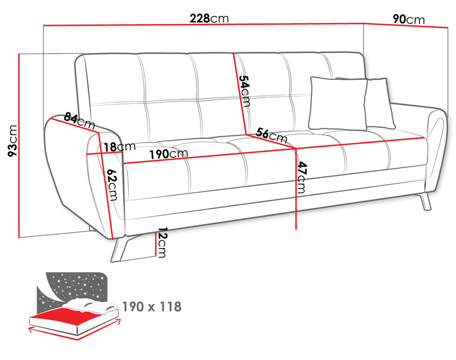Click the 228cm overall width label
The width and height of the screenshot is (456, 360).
[x=209, y=18]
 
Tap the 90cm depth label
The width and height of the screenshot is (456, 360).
[x=409, y=19]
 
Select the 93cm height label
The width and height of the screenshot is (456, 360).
[x=13, y=141]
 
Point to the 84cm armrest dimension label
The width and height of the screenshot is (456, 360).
[x=79, y=120]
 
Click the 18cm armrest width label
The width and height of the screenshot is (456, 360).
[x=120, y=147]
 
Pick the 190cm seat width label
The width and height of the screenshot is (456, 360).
[x=169, y=153]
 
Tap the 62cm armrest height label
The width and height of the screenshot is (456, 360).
[x=112, y=185]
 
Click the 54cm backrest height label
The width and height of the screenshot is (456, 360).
[x=245, y=91]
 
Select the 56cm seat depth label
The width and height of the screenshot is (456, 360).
[x=271, y=135]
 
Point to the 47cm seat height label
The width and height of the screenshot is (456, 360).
[x=302, y=177]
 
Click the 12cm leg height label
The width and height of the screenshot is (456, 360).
[x=161, y=242]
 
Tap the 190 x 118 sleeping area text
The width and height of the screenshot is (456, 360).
[x=152, y=307]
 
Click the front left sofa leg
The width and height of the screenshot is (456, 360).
[x=120, y=249]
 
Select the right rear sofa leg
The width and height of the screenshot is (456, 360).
[x=425, y=201]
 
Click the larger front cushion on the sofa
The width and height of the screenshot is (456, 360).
[x=338, y=103]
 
